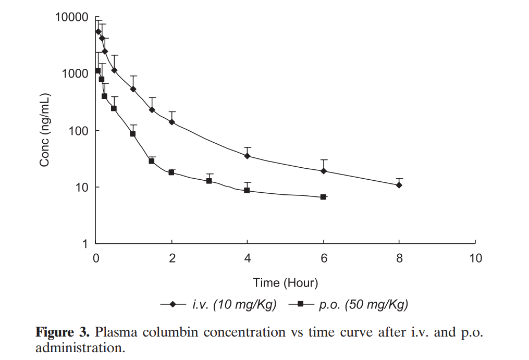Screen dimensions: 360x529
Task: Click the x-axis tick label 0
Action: tap(96, 258)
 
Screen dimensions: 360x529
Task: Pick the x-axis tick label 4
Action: tap(247, 258)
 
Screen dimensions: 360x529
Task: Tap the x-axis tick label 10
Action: tap(475, 258)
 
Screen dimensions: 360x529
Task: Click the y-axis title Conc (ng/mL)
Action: tap(45, 130)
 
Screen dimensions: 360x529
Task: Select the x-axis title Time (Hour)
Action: tap(285, 283)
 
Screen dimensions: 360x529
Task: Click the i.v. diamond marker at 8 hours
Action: tap(399, 185)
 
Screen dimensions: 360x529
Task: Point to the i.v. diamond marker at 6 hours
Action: tap(324, 171)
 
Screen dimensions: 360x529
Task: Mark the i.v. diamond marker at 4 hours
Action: tap(247, 156)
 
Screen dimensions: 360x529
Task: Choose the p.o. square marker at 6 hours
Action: tap(323, 197)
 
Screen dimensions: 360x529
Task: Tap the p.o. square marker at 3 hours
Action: tap(209, 181)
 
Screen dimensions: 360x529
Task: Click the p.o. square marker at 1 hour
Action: tap(133, 134)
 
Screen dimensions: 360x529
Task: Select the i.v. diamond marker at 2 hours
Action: tap(171, 122)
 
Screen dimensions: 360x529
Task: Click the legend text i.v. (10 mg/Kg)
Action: tap(234, 305)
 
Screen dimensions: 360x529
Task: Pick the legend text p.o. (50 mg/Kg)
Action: tap(363, 305)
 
